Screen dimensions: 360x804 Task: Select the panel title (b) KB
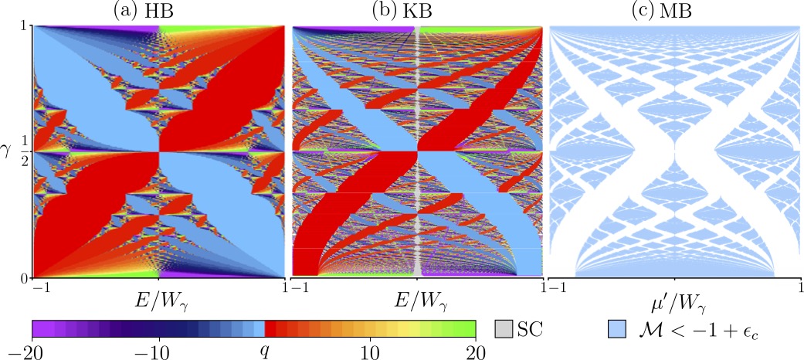tap(417, 10)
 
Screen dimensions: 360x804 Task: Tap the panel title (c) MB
tap(674, 10)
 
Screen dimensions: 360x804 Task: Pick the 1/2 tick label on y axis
tap(25, 151)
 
